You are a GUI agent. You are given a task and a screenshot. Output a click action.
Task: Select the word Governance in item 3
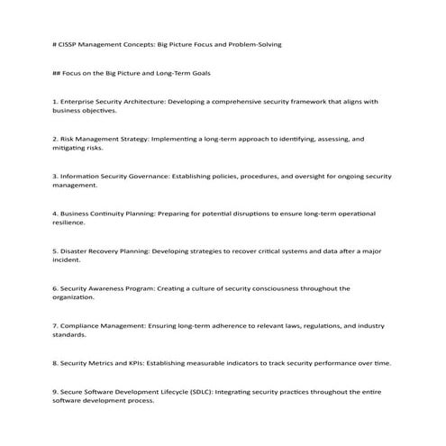[x=147, y=176]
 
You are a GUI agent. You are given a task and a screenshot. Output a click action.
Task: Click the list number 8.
[x=55, y=362]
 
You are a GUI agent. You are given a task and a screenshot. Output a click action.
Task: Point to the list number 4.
[x=55, y=214]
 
